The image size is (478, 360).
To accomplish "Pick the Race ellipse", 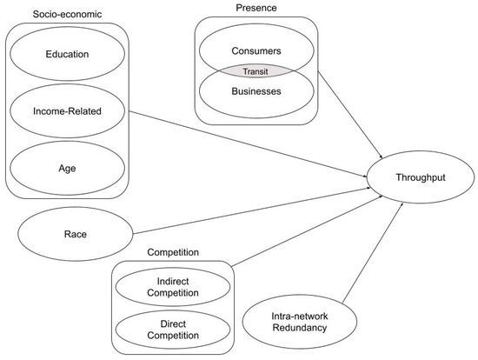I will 75,235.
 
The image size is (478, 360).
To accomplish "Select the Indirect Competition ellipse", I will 178,287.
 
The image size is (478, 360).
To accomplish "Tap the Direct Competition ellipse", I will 178,327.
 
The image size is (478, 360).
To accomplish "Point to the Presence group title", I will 256,8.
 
